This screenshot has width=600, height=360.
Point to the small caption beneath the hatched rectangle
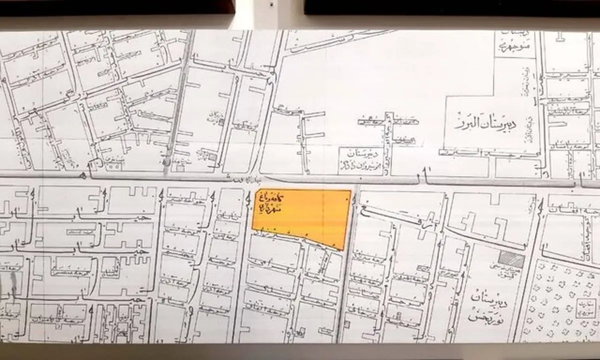(x=511, y=273)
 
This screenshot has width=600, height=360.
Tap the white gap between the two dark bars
(x=269, y=7)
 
